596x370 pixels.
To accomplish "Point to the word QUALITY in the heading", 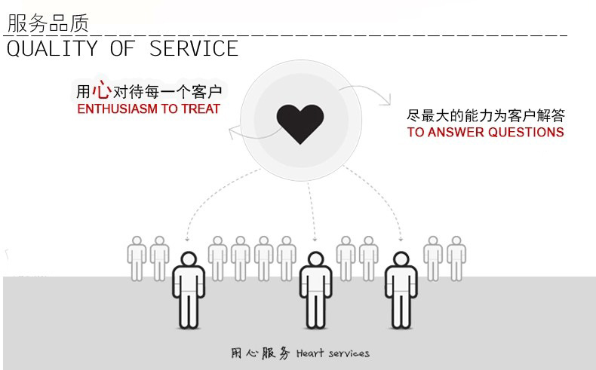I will click(52, 49).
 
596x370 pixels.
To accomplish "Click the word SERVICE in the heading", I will click(194, 49).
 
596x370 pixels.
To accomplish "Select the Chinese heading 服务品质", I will click(47, 23).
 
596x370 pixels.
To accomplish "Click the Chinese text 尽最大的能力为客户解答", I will click(485, 116).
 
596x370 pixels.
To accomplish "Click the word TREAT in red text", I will click(201, 109).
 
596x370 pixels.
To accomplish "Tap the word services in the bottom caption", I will click(349, 353).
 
